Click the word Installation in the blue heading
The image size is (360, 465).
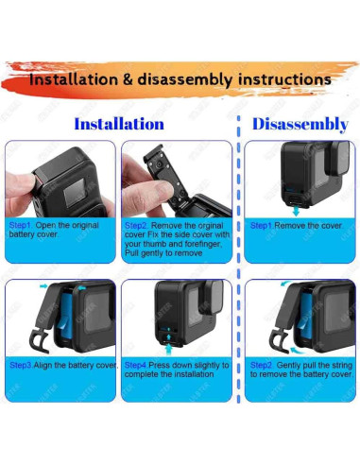[x=119, y=124]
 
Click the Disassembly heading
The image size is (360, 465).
[x=301, y=124]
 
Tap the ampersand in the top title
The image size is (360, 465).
[x=129, y=79]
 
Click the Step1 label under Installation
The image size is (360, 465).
[x=20, y=226]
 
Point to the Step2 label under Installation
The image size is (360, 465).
[x=136, y=226]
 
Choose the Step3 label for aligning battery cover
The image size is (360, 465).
[x=20, y=364]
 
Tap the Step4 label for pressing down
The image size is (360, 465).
[x=136, y=364]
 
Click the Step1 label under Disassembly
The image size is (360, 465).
[x=261, y=226]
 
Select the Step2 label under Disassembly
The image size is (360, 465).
[x=261, y=363]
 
